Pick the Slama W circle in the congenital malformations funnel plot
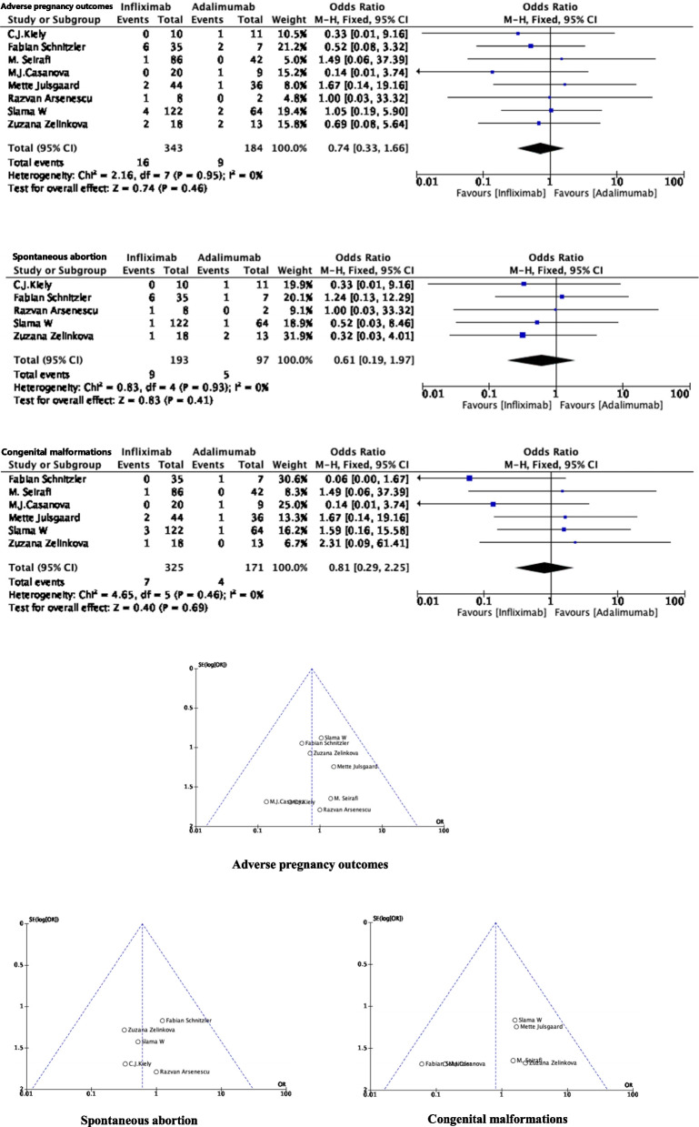click(x=515, y=1020)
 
